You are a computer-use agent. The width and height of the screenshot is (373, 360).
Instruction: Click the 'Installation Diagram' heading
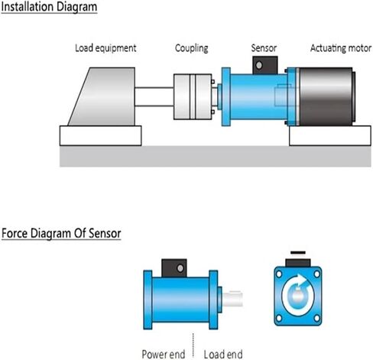(49, 7)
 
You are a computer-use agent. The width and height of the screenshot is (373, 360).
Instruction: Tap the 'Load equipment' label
(105, 48)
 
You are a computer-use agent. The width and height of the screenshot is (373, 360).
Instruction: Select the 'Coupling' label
(192, 48)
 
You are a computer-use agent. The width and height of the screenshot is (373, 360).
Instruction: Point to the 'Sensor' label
(264, 48)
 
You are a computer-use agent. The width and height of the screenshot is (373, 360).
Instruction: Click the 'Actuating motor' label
(341, 48)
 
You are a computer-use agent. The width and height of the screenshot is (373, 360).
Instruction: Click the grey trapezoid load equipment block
(105, 96)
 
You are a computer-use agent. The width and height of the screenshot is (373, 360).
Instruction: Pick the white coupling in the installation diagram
(193, 96)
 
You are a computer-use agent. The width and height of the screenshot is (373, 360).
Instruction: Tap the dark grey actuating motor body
(326, 96)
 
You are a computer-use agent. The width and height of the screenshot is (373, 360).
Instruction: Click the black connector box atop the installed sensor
(265, 65)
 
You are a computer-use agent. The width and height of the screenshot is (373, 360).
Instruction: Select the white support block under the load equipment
(100, 135)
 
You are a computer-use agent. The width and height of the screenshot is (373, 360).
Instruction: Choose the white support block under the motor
(330, 135)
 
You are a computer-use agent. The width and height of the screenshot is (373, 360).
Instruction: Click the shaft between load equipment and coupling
(154, 96)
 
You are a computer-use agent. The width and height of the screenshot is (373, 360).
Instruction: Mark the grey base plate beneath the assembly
(216, 156)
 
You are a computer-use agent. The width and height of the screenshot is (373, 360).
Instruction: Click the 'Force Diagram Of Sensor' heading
(61, 233)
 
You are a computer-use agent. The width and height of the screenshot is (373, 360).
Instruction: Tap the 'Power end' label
(164, 354)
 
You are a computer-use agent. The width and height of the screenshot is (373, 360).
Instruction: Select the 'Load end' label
(223, 354)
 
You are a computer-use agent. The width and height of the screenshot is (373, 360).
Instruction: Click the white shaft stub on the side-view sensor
(232, 299)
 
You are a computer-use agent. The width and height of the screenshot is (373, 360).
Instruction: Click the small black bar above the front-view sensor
(298, 253)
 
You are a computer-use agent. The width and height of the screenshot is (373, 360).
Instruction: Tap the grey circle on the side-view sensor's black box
(180, 268)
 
